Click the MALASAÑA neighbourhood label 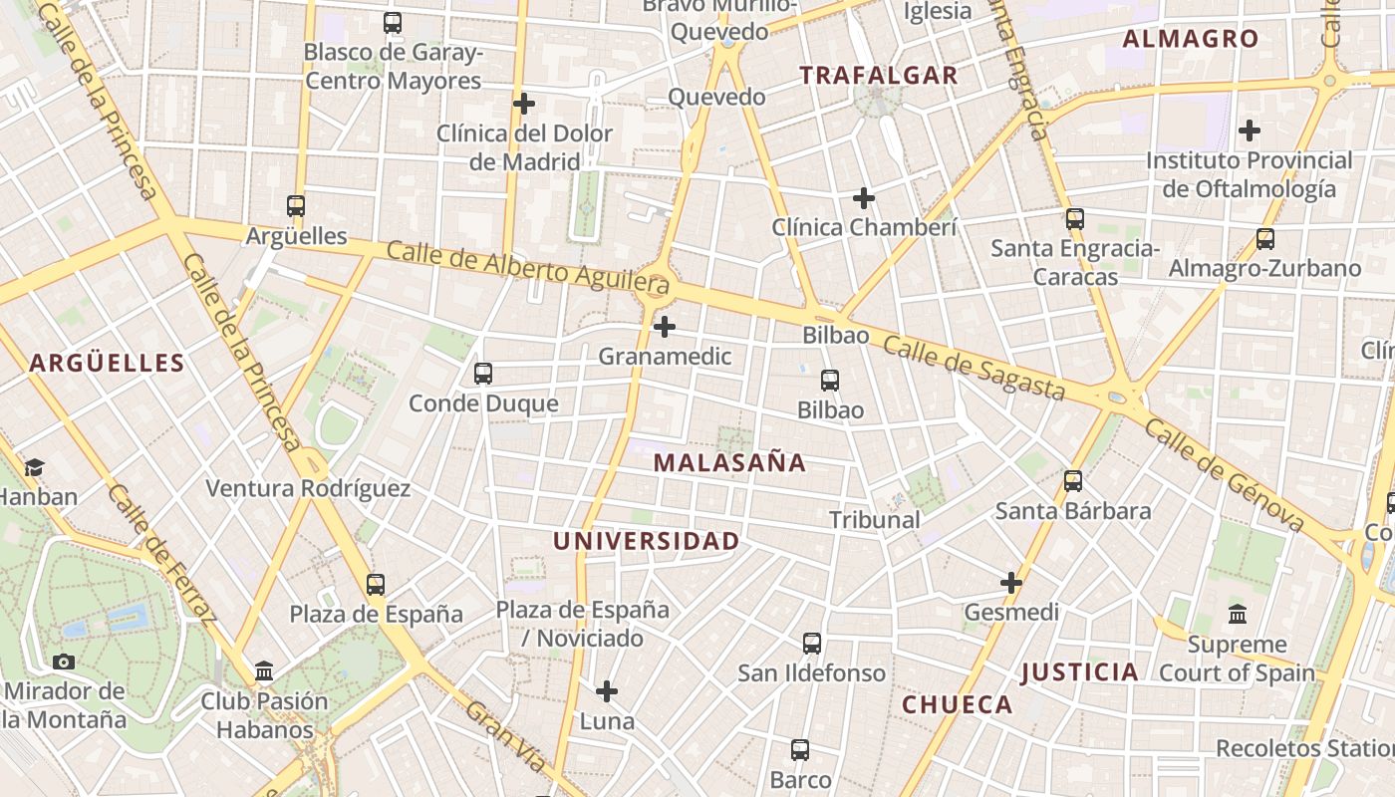[x=729, y=462]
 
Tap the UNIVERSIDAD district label [x=646, y=541]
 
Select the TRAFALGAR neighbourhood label [x=878, y=75]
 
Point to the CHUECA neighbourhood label [x=957, y=704]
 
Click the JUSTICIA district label [x=1079, y=671]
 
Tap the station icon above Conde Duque [x=483, y=374]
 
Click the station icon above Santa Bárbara [x=1073, y=481]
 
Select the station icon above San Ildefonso [x=812, y=644]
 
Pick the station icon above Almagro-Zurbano [x=1264, y=239]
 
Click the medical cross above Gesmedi [x=1011, y=582]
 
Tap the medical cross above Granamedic [x=665, y=327]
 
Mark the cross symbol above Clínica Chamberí [x=864, y=198]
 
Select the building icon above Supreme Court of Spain [x=1238, y=614]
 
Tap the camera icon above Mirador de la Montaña [x=64, y=662]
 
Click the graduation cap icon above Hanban [x=35, y=467]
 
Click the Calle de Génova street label [x=1224, y=474]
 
